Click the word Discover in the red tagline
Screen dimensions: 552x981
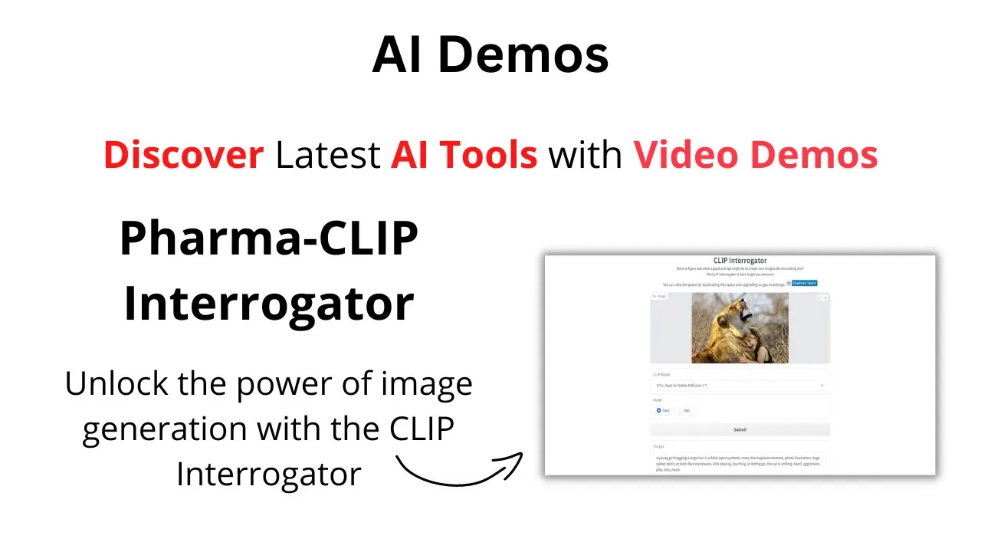pos(183,155)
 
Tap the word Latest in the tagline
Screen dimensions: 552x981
pos(327,155)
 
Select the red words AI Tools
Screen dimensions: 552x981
pos(464,155)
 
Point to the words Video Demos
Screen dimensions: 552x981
pos(755,155)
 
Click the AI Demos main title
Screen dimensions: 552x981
pos(490,55)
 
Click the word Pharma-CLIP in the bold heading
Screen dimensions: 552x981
pos(269,238)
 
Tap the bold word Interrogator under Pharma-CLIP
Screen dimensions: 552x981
pos(269,303)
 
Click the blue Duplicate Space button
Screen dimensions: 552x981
pos(804,283)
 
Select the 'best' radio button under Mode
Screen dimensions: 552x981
pos(658,410)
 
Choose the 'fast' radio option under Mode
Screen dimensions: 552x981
pos(680,410)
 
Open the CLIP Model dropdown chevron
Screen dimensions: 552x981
pos(822,385)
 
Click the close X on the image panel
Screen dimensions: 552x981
pos(825,297)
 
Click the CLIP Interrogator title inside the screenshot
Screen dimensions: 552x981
pos(740,261)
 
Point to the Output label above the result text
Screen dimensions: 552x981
pos(658,445)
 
